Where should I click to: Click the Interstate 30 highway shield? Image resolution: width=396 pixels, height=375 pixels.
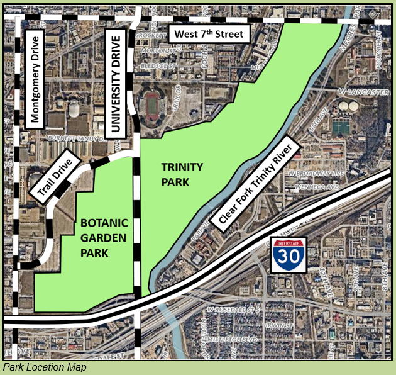289,255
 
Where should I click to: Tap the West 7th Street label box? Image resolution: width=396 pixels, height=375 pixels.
209,35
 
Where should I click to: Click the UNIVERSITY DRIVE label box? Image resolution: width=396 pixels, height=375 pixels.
114,84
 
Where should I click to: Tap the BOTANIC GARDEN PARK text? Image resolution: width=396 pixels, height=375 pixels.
104,238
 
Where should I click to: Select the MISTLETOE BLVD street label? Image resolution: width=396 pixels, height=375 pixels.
238,339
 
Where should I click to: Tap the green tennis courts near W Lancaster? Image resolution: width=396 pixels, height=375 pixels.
340,126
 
